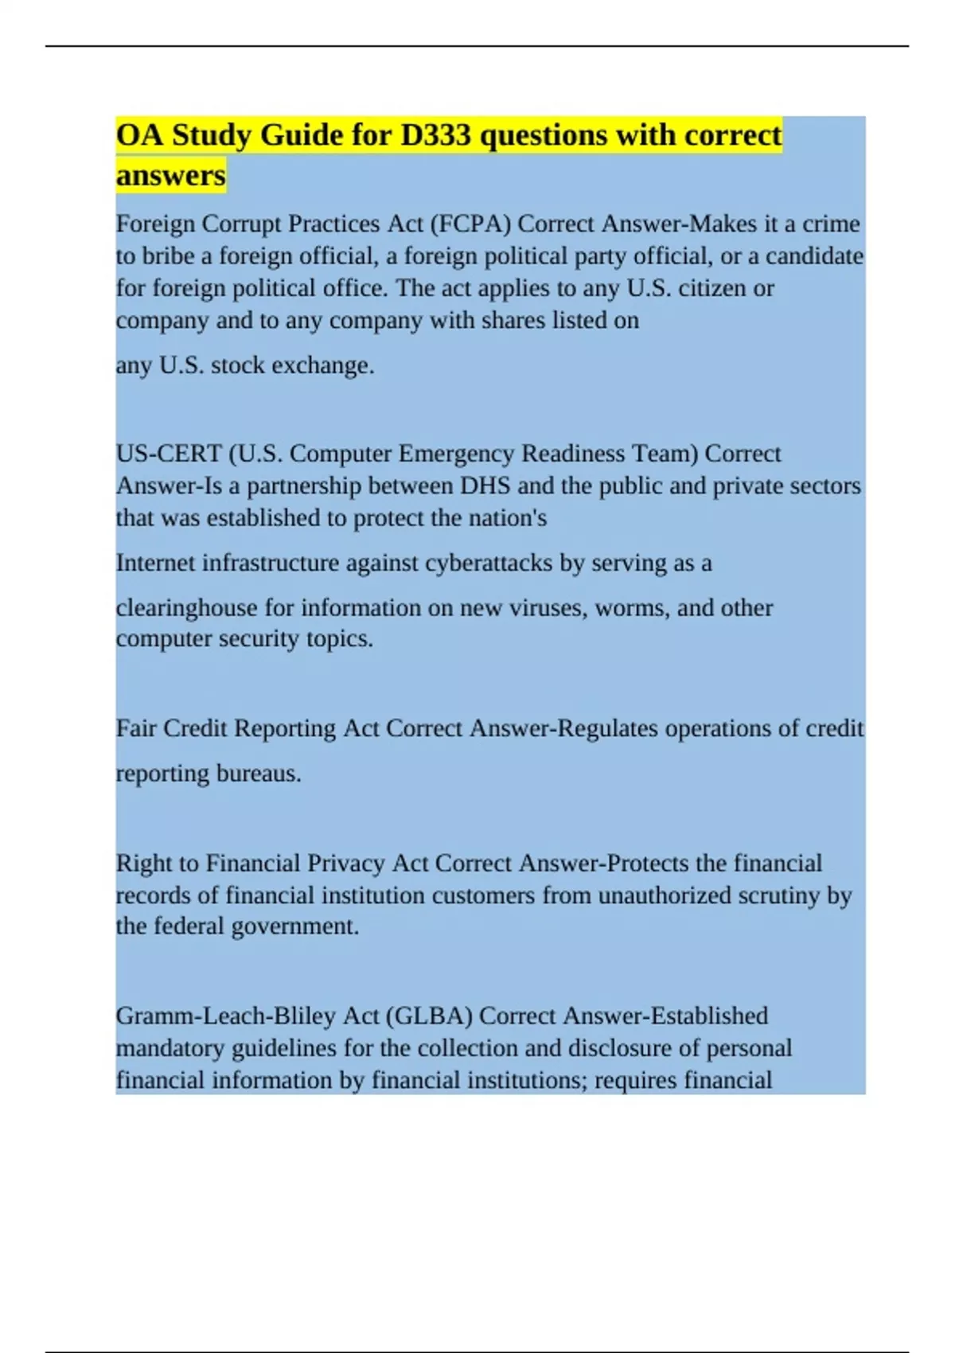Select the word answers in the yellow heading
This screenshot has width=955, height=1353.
coord(170,175)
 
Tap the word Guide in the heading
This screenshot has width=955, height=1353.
coord(300,135)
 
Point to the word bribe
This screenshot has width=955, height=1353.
coord(168,256)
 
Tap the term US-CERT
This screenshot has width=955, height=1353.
coord(169,454)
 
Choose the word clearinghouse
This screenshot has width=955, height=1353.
coord(187,608)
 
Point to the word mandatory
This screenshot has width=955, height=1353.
coord(170,1048)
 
